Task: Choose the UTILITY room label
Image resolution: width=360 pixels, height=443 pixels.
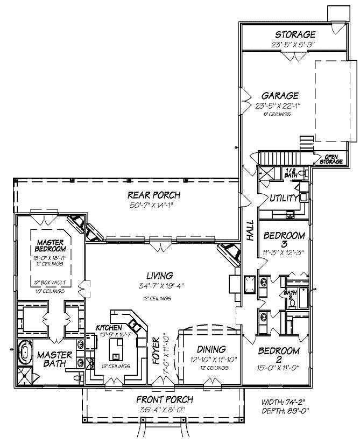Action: point(284,198)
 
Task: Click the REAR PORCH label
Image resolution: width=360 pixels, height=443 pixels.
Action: point(153,195)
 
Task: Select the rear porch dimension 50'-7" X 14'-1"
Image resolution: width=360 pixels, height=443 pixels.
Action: point(153,205)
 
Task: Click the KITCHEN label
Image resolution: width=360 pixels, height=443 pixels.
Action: point(109,327)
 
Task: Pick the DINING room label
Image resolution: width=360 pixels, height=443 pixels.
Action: point(210,349)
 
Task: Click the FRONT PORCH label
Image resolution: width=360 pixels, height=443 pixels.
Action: point(164,399)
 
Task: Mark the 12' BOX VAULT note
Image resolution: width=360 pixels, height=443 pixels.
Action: point(48,282)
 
